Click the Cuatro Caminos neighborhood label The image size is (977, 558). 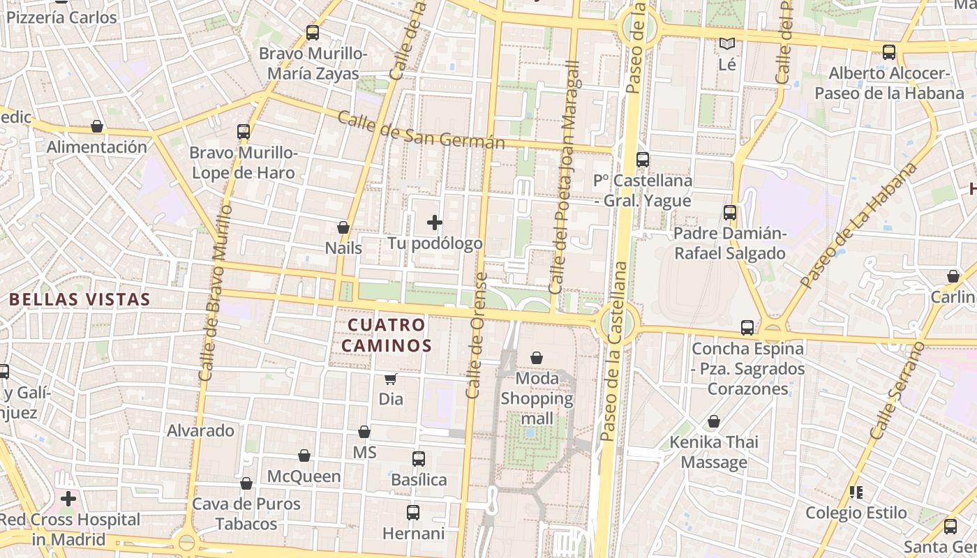[386, 335]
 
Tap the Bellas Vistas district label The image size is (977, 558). [80, 300]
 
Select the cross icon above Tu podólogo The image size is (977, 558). [435, 223]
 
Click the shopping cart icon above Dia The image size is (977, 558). [391, 379]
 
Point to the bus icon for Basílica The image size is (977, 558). [419, 459]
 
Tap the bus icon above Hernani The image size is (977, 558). [413, 513]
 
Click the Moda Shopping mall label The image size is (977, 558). [537, 398]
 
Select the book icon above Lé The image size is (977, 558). [727, 44]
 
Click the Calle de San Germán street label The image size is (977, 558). [420, 130]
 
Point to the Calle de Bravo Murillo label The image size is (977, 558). [215, 292]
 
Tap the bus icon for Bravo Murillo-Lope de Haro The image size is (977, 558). [244, 131]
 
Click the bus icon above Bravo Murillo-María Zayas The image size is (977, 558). [313, 32]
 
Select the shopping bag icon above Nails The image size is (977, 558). [343, 227]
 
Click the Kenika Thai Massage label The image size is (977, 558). [714, 452]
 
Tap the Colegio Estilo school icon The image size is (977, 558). [856, 492]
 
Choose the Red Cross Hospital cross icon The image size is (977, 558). [68, 499]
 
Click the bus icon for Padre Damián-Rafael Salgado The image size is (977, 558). [730, 213]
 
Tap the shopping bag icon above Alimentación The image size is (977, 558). [97, 126]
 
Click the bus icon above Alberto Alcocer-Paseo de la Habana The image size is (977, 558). [889, 52]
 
